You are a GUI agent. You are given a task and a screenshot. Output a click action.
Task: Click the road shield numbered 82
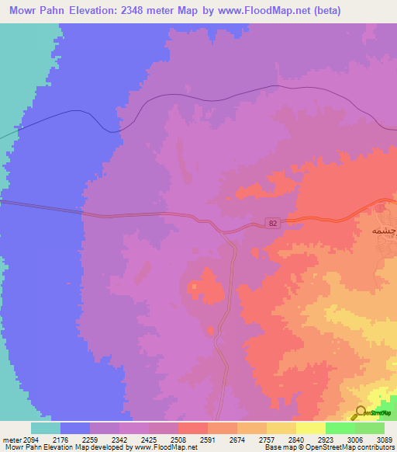(272, 222)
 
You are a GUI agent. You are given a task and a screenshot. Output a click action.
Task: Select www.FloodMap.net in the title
(268, 11)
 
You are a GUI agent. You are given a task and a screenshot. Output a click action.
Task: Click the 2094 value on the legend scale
(31, 440)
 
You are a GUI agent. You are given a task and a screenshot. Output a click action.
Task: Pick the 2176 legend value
(60, 440)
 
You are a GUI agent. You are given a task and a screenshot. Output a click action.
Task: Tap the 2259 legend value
(90, 440)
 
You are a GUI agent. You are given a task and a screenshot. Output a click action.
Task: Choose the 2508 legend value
(178, 440)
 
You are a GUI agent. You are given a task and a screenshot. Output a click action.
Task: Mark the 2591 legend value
(208, 440)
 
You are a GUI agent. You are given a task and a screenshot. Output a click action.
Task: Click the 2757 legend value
(267, 440)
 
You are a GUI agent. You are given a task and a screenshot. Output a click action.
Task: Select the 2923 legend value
(326, 440)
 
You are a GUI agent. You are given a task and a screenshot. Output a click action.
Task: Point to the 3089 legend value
(384, 440)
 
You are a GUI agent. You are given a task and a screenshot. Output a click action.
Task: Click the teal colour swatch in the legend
(46, 428)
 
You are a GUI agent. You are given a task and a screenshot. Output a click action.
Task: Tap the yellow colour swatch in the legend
(311, 428)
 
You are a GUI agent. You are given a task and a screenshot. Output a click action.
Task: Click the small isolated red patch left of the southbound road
(205, 285)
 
